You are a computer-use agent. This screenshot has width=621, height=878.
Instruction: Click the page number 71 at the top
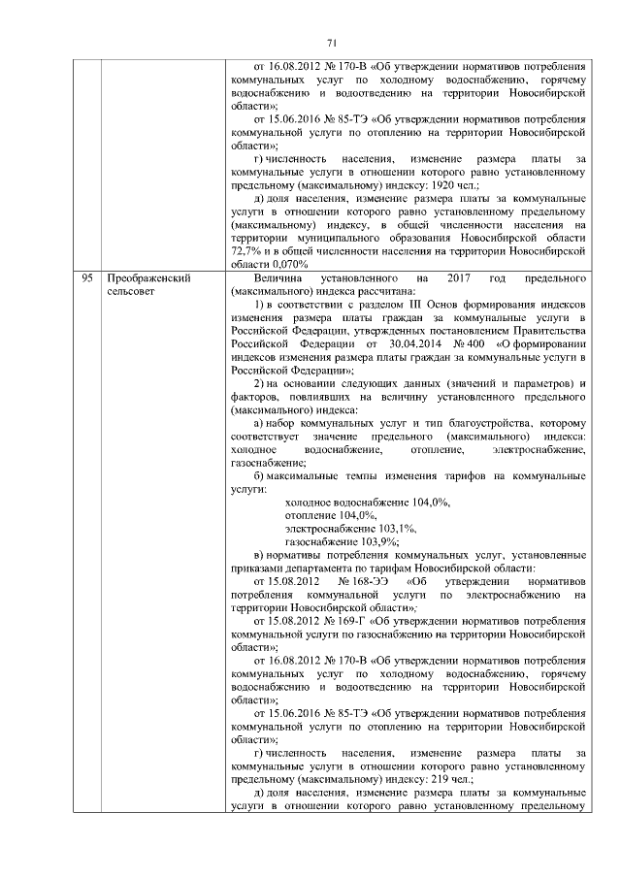click(330, 43)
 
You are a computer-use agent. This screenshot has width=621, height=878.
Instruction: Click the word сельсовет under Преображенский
click(130, 291)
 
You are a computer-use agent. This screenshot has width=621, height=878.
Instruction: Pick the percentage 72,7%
click(244, 251)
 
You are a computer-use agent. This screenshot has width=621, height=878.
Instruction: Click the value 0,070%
click(288, 264)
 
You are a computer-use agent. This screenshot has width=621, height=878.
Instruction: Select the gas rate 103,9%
click(376, 541)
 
